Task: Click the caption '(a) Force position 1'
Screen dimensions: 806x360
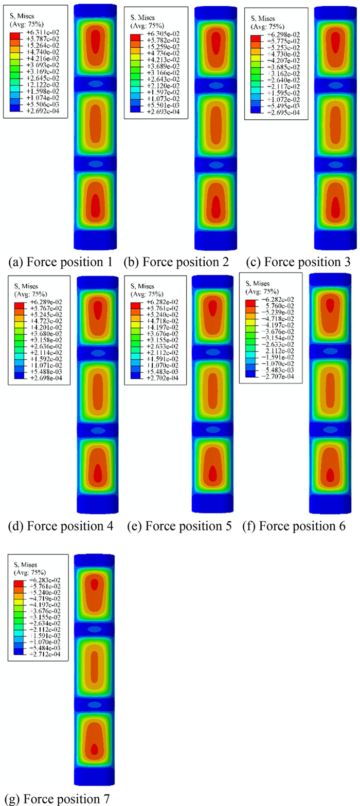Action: (61, 262)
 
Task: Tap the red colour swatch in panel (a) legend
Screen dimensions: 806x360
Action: (15, 34)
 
